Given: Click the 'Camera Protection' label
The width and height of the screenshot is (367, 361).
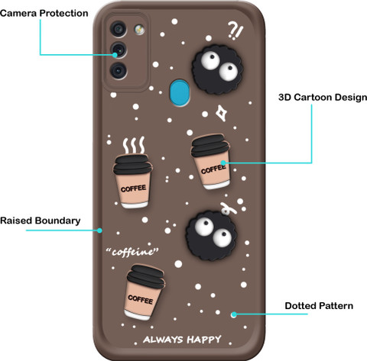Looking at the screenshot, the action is (x=44, y=13).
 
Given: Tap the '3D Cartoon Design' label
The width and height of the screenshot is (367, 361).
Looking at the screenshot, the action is (x=323, y=97).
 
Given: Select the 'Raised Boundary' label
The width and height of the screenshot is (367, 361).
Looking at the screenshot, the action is (x=41, y=221).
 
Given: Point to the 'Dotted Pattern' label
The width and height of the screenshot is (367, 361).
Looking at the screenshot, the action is (x=319, y=305).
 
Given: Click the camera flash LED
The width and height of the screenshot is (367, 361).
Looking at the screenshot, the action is (x=139, y=29).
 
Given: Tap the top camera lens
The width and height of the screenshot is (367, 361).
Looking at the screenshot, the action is (x=119, y=29).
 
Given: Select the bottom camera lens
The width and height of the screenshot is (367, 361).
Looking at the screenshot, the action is (x=119, y=70).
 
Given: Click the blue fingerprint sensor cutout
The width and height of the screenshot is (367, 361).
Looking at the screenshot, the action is (x=180, y=92).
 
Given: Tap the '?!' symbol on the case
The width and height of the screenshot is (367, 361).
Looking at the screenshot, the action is (x=235, y=31).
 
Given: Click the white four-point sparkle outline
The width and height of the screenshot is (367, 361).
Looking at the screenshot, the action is (x=222, y=113).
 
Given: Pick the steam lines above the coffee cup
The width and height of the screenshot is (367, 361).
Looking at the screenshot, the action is (x=134, y=145).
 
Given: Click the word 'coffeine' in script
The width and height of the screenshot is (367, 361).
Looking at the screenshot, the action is (x=132, y=252).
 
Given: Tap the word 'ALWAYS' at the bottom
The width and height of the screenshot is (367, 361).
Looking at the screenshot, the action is (x=163, y=340).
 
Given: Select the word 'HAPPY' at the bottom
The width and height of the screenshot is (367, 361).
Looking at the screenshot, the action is (x=204, y=340).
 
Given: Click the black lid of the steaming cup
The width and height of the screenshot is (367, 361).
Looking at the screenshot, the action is (x=132, y=164).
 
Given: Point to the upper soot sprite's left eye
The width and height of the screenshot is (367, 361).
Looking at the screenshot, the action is (x=210, y=60).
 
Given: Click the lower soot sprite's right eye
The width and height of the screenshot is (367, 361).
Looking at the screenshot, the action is (x=222, y=238).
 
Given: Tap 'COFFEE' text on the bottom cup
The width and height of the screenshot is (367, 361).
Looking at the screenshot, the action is (x=141, y=299).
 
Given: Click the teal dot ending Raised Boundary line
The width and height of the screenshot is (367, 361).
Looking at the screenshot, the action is (x=99, y=230).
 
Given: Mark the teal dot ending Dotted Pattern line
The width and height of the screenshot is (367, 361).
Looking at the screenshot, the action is (x=234, y=314).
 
